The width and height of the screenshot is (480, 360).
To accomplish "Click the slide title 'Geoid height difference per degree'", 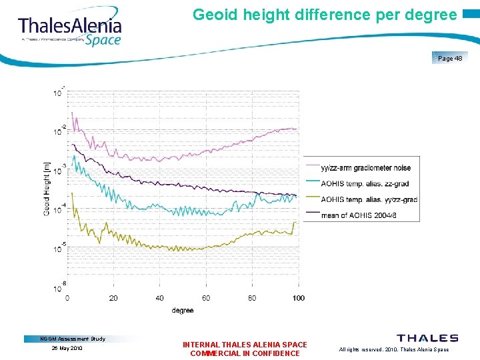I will point(325,15).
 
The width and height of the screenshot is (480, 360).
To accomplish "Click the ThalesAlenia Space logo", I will point(70,30).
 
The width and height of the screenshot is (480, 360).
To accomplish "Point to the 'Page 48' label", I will point(450,59).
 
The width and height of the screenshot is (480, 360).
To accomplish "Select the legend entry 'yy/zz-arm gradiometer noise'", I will point(365,168).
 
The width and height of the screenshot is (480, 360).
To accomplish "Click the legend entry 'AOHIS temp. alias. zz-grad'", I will point(365,183).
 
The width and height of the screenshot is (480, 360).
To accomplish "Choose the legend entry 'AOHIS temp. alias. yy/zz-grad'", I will point(369,199).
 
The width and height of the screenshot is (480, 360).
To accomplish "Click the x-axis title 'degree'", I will point(183,310).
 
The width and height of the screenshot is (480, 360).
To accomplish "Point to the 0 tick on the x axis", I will point(67,297).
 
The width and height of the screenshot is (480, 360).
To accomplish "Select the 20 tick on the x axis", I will point(113,297).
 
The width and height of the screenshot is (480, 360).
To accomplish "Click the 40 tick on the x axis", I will point(160,297).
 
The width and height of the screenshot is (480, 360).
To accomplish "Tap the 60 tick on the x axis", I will point(206,297).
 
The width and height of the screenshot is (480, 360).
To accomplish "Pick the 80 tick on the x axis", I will point(252,297).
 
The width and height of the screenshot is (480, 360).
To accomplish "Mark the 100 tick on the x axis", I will point(298,297).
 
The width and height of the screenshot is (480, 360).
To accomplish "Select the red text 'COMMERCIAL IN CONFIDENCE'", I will point(245,353).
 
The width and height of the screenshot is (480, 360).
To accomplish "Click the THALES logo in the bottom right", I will point(427,339).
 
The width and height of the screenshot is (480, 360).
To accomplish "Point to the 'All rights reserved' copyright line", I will point(393,349).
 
